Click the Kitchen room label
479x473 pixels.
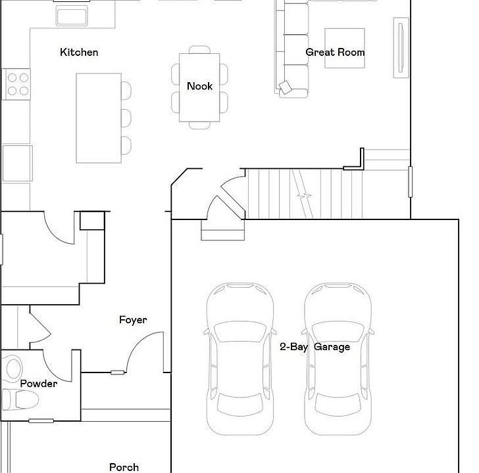tap(79, 52)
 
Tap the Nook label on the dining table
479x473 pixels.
tap(199, 86)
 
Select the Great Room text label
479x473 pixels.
tap(335, 52)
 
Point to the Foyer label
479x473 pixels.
tap(133, 320)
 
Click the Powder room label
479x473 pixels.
tap(39, 384)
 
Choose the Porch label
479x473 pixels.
tap(124, 467)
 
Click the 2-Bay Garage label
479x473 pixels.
tap(315, 347)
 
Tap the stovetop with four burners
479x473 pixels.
tap(16, 84)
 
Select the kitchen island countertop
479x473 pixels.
tap(99, 118)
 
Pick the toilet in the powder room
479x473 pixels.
tap(20, 399)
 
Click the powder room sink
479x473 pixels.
tap(13, 369)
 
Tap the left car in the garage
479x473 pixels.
tap(239, 359)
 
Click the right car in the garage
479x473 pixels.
tap(338, 359)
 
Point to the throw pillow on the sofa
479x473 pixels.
tap(286, 87)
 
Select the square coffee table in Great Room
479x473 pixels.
tap(345, 48)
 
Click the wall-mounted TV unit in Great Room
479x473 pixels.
tap(401, 48)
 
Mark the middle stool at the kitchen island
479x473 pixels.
tap(126, 118)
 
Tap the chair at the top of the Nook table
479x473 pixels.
tap(199, 50)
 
